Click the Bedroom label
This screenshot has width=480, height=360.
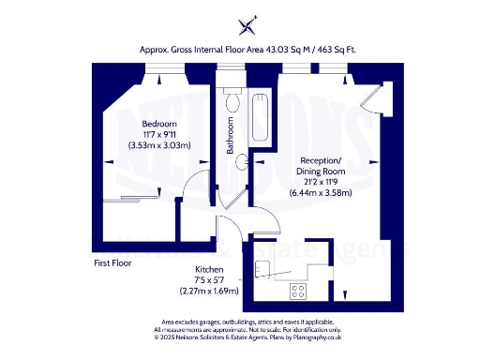tap(158, 124)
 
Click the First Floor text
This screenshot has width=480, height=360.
tap(112, 263)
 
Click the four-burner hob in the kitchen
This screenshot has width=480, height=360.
tap(300, 290)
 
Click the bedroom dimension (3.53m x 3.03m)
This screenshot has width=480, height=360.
tap(159, 144)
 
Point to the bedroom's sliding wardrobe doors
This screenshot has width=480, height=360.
tap(141, 198)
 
